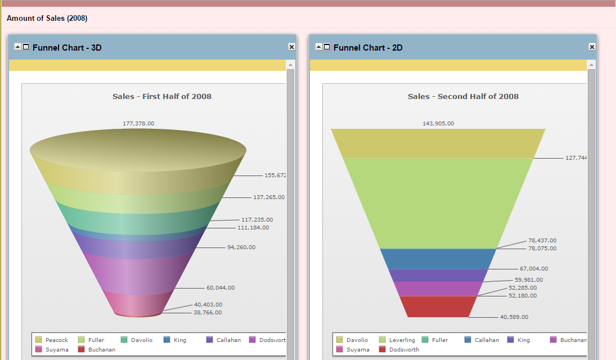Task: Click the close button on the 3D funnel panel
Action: point(291,47)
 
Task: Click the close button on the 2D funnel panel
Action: point(592,47)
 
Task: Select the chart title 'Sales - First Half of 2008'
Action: point(162,96)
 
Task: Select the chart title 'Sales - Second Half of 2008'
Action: point(463,96)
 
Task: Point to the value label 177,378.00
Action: point(138,123)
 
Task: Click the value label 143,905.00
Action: point(438,123)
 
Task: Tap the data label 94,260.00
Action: point(241,247)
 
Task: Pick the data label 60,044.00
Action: point(220,287)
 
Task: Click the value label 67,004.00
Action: point(533,269)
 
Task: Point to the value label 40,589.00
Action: point(514,317)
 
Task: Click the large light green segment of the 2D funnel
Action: point(438,202)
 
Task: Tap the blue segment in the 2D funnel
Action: point(438,259)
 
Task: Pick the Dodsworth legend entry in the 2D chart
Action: point(403,349)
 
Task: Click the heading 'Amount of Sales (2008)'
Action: point(47,19)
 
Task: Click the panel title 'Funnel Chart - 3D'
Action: point(67,48)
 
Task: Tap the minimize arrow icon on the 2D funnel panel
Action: point(318,47)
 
